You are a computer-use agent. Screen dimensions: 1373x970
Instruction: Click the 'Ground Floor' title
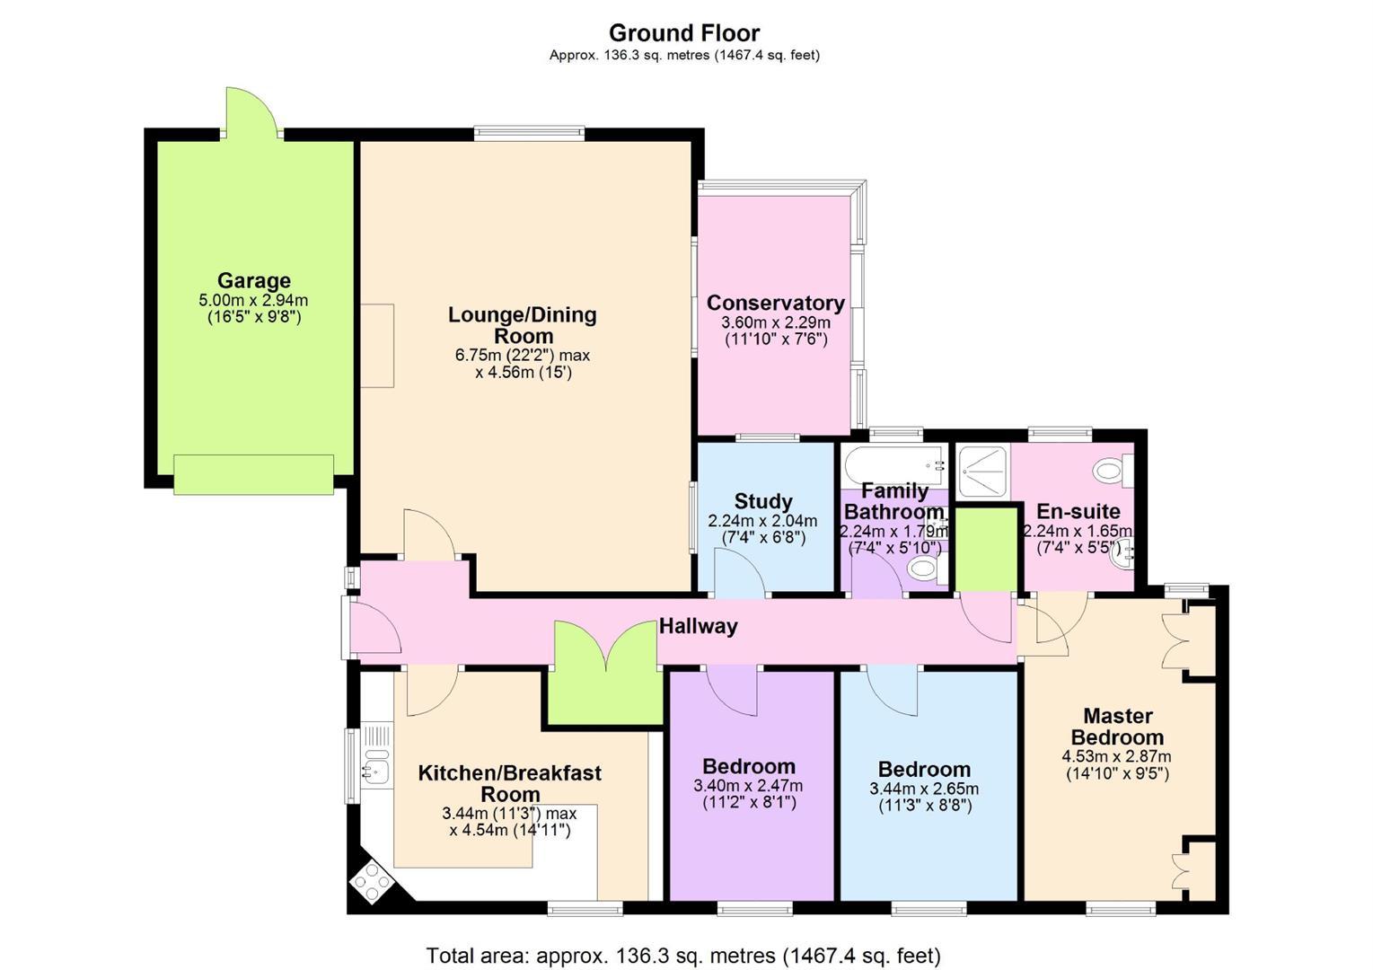pos(684,32)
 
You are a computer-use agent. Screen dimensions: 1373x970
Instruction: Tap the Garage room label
pos(254,281)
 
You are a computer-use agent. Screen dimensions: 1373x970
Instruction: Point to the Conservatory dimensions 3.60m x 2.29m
pos(776,322)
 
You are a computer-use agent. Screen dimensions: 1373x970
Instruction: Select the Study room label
pos(763,501)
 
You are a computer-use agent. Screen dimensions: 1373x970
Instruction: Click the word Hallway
pos(698,626)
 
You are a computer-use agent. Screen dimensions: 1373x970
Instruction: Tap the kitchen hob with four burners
pos(372,883)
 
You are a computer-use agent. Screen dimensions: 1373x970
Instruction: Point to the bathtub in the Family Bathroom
pos(894,466)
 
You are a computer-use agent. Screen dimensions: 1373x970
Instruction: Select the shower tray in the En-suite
pos(983,471)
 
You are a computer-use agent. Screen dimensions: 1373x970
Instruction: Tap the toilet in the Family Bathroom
pos(927,567)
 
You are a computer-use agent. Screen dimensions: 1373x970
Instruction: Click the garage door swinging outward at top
pos(251,113)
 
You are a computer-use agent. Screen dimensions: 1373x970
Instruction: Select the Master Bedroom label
pos(1117,726)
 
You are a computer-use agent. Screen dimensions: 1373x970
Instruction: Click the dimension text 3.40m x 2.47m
pos(748,786)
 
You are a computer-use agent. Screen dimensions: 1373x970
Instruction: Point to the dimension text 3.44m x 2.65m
pos(924,789)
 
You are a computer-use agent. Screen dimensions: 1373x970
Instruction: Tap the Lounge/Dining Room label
pos(523,325)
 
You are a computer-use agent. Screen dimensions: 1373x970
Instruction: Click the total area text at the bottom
pos(683,956)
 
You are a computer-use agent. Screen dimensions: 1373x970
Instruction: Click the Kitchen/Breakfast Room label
pos(510,783)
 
